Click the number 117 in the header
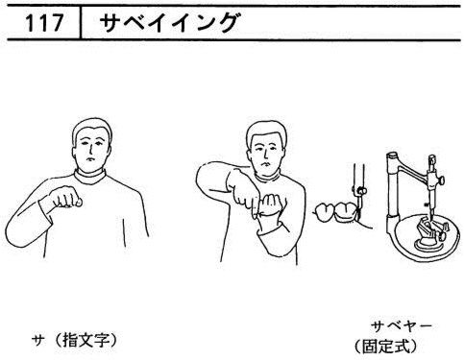[44, 23]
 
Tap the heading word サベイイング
[169, 23]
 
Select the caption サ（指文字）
[73, 341]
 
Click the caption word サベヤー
[402, 326]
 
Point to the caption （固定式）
[386, 346]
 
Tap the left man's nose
[90, 149]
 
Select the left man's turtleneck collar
[90, 177]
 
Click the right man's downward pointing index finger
[254, 208]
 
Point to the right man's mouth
[265, 163]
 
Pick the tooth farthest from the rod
[324, 212]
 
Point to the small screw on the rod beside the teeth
[361, 190]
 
